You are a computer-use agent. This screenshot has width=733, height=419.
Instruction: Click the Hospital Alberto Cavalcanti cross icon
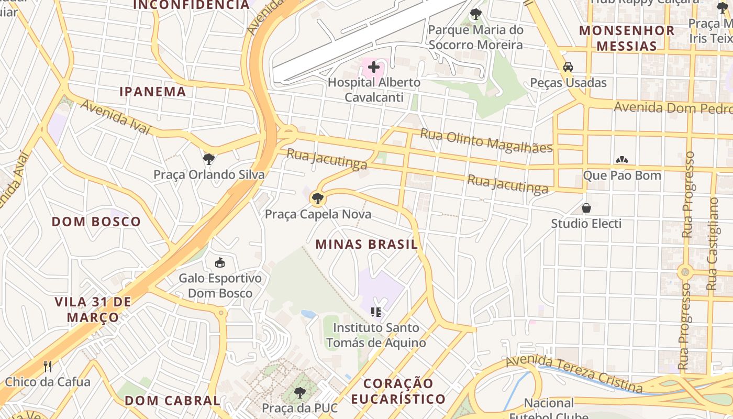[x=373, y=67]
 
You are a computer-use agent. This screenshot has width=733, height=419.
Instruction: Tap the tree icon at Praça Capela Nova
[x=317, y=199]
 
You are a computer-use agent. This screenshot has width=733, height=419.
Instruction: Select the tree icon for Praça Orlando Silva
[x=209, y=159]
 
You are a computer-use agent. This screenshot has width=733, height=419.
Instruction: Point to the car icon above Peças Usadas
[x=568, y=67]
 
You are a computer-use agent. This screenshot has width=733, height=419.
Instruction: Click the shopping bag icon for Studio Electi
[x=586, y=208]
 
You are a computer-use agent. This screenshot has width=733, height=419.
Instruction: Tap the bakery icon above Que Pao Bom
[x=622, y=160]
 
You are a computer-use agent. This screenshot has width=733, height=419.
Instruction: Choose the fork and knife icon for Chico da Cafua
[x=48, y=366]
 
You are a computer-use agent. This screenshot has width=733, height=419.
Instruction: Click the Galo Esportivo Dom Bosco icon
[x=220, y=262]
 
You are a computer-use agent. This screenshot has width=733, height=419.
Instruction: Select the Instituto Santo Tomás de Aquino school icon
[x=375, y=312]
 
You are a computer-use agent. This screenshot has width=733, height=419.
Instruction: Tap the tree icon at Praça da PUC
[x=299, y=392]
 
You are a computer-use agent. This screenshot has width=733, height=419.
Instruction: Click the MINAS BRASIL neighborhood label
[x=366, y=244]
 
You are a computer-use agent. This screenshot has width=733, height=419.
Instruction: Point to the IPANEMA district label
[x=153, y=92]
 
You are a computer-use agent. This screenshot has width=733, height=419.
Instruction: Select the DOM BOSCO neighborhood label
[x=96, y=222]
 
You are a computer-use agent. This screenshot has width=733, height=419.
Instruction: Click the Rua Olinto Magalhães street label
[x=486, y=140]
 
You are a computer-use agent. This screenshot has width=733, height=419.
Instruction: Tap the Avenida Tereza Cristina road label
[x=574, y=373]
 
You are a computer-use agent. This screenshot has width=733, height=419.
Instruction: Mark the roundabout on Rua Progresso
[x=685, y=272]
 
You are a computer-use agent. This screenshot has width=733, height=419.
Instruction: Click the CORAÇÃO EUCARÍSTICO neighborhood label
[x=398, y=391]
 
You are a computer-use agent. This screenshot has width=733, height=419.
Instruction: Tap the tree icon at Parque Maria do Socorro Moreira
[x=475, y=14]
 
